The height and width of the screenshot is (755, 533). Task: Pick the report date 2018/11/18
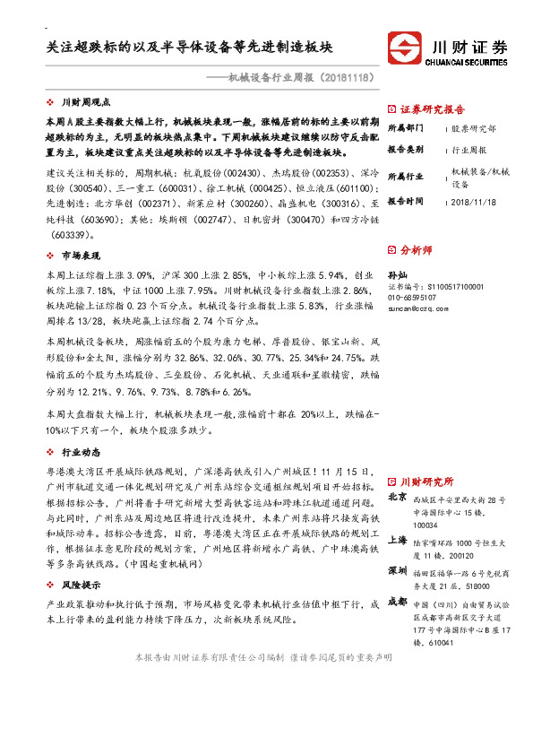coord(474,201)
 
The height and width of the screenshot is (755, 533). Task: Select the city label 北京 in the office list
coord(398,496)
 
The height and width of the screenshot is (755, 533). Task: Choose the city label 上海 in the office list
coord(398,540)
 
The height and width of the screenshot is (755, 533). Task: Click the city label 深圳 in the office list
coord(398,570)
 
